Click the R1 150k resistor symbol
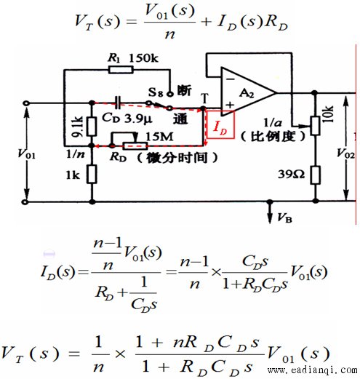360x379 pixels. (121, 70)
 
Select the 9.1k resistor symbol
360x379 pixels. (92, 127)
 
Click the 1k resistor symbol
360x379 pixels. (92, 174)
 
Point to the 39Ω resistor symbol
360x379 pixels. (315, 175)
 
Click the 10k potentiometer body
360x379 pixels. (315, 125)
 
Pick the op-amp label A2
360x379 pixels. (247, 93)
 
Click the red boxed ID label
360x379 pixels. (220, 124)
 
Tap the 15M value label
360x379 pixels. (159, 137)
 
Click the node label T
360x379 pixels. (205, 98)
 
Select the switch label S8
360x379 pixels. (155, 92)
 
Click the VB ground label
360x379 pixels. (284, 218)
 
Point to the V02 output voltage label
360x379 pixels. (345, 153)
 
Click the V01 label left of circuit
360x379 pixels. (26, 153)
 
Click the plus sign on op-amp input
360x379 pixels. (230, 105)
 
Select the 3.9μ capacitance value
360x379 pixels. (138, 119)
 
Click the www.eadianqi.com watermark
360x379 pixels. (312, 370)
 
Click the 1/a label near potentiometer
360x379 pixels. (273, 123)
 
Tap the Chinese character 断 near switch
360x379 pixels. (184, 90)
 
